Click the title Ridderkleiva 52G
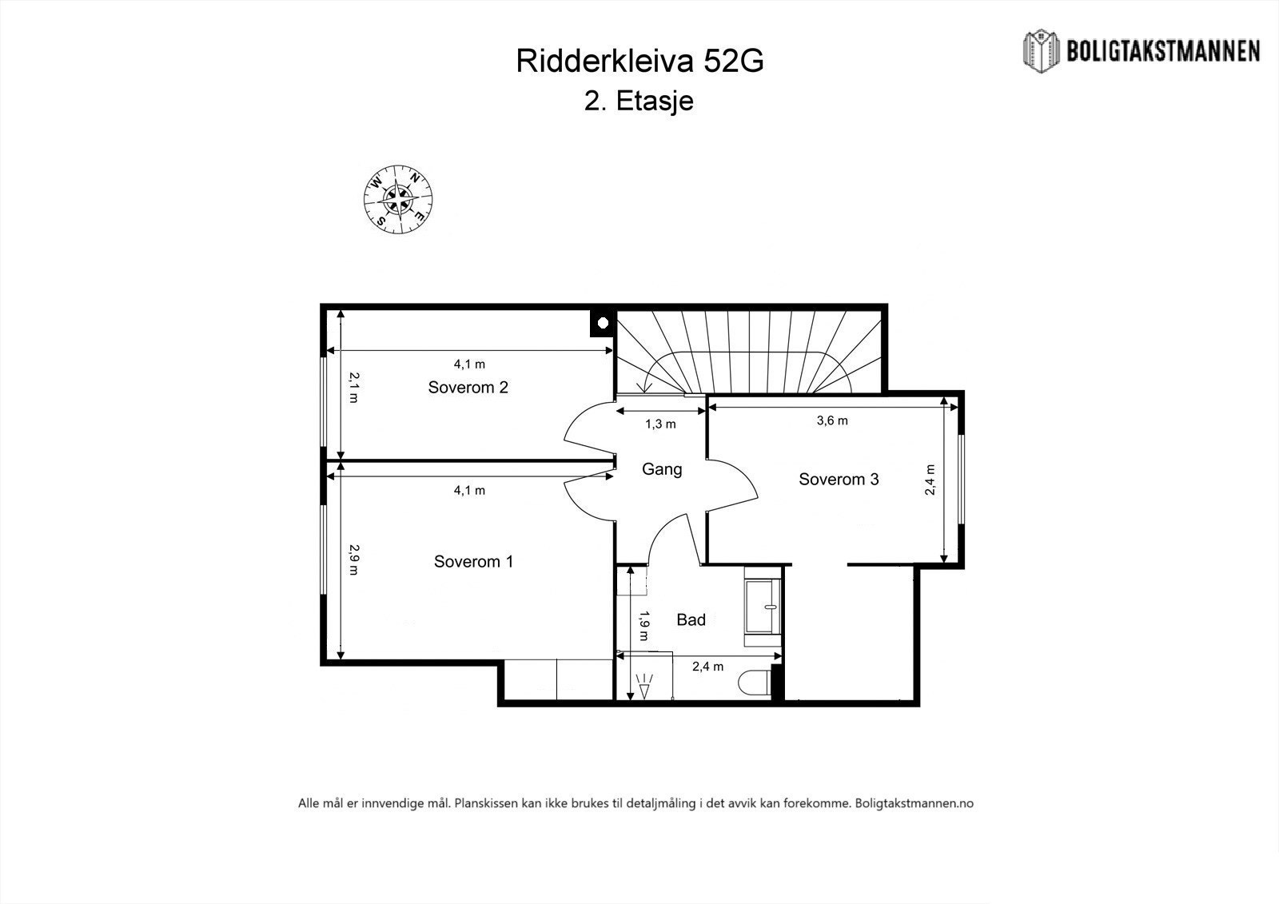pos(639,61)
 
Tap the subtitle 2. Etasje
pos(639,102)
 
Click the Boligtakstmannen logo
pos(1142,50)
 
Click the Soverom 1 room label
pos(473,562)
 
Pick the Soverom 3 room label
pos(839,480)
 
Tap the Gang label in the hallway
pos(662,469)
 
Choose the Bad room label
pos(691,619)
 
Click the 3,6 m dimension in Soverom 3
pos(832,420)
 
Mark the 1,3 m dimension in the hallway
pos(660,424)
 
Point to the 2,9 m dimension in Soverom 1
pos(353,560)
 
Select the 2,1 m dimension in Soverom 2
pos(353,388)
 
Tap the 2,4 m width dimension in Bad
pos(707,667)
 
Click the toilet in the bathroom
pos(755,684)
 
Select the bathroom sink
pos(762,607)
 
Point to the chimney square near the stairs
pos(603,322)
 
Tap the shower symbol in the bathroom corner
pos(644,685)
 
